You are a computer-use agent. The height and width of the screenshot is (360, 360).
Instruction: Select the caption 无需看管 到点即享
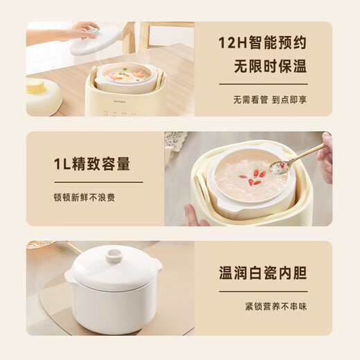[x=269, y=99]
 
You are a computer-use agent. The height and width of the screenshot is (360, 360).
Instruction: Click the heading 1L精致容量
[x=91, y=165]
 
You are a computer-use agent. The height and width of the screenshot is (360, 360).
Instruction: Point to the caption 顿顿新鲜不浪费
[x=84, y=197]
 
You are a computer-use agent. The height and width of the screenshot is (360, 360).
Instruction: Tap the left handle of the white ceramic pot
[x=70, y=277]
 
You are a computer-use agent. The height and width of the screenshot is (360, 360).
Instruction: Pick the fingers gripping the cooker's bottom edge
[x=194, y=216]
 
